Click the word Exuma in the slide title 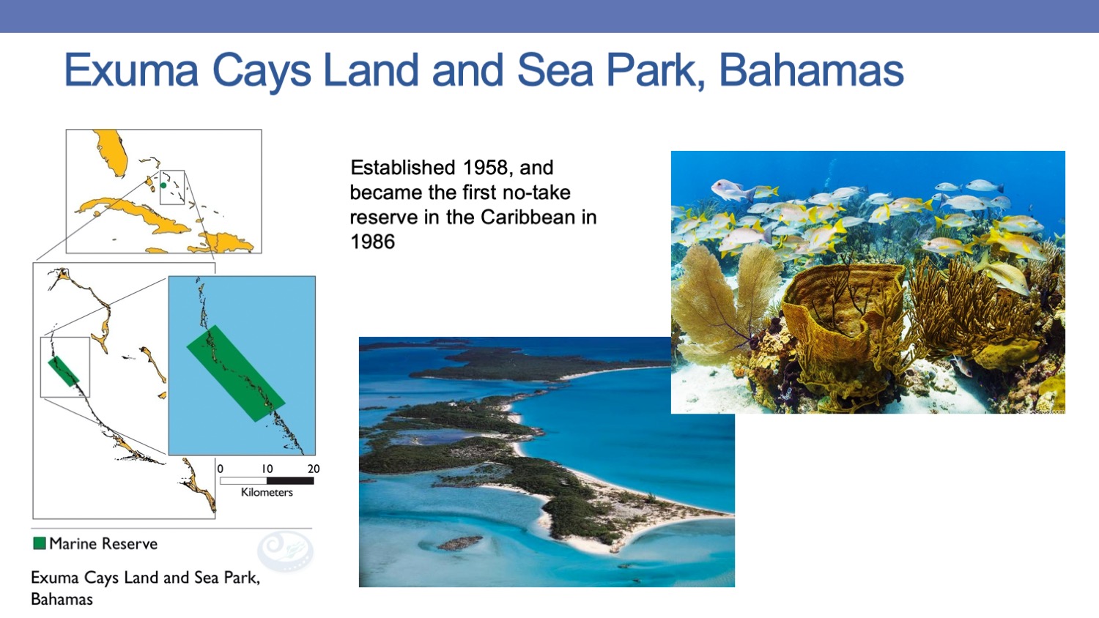(131, 70)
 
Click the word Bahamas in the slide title (811, 70)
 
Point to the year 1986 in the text (372, 242)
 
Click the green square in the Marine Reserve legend (40, 543)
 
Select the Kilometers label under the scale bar (267, 493)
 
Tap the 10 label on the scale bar (267, 469)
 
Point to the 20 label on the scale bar (314, 469)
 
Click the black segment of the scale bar (290, 481)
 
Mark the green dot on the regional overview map (163, 185)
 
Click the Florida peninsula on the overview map (111, 152)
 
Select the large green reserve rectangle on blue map (235, 373)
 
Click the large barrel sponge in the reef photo (841, 314)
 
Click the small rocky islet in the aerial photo (459, 543)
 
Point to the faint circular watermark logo (286, 551)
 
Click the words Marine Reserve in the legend (103, 543)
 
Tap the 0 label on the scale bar (221, 469)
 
